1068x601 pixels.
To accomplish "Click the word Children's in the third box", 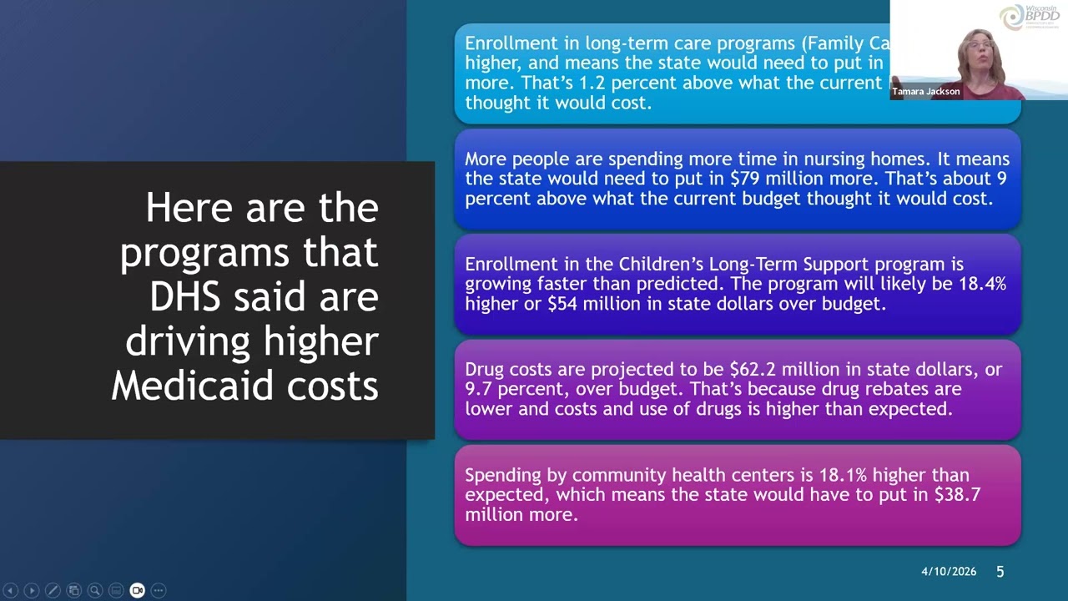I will click(x=662, y=264).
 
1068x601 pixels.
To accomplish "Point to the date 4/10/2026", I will click(x=948, y=572).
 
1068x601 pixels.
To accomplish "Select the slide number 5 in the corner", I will click(x=1000, y=572).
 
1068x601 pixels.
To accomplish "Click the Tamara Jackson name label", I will click(x=925, y=91).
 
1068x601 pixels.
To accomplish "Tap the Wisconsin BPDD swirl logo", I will click(x=1011, y=17).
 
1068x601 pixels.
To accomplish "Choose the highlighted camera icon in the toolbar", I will click(x=137, y=590).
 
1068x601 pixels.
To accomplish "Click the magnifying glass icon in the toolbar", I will click(x=95, y=590).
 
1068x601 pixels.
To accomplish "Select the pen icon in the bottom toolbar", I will click(x=53, y=590).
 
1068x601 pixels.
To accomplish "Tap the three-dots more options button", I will click(x=159, y=590).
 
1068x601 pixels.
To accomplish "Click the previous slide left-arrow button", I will click(x=11, y=590).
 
